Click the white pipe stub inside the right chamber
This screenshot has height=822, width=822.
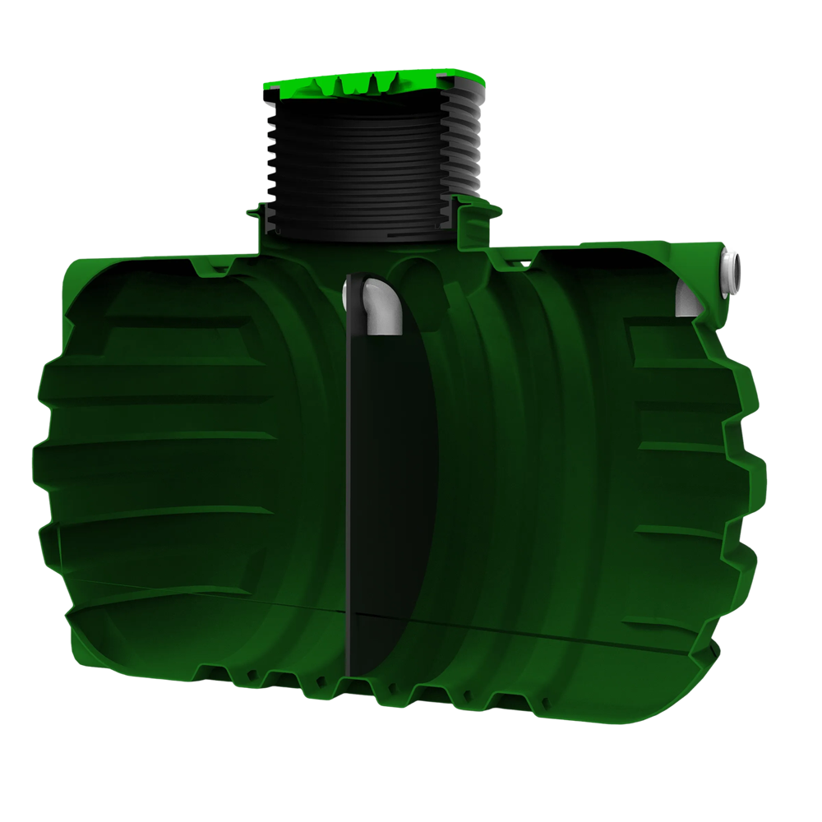pos(689,300)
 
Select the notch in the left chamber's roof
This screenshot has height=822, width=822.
pos(202,268)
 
